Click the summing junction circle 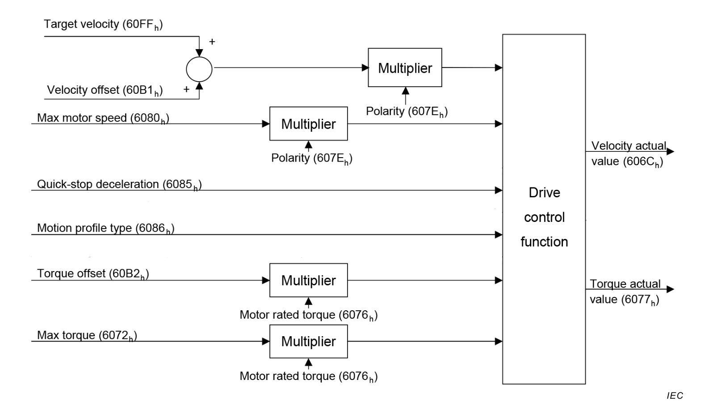(199, 69)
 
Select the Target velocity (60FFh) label (103, 25)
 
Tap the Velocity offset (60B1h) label (105, 90)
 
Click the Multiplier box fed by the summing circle (405, 68)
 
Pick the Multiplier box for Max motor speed (308, 124)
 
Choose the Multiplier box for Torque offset (308, 280)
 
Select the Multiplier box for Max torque (308, 342)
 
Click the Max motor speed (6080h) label (103, 118)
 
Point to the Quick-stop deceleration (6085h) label (119, 185)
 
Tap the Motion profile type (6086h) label (105, 229)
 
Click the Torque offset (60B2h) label (93, 274)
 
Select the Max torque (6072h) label (87, 336)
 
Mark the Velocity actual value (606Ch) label (628, 154)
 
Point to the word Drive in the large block (544, 193)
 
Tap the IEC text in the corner (675, 396)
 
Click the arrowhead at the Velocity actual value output (670, 151)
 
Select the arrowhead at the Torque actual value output (670, 289)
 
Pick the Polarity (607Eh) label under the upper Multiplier (407, 112)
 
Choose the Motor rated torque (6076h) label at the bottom (308, 376)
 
